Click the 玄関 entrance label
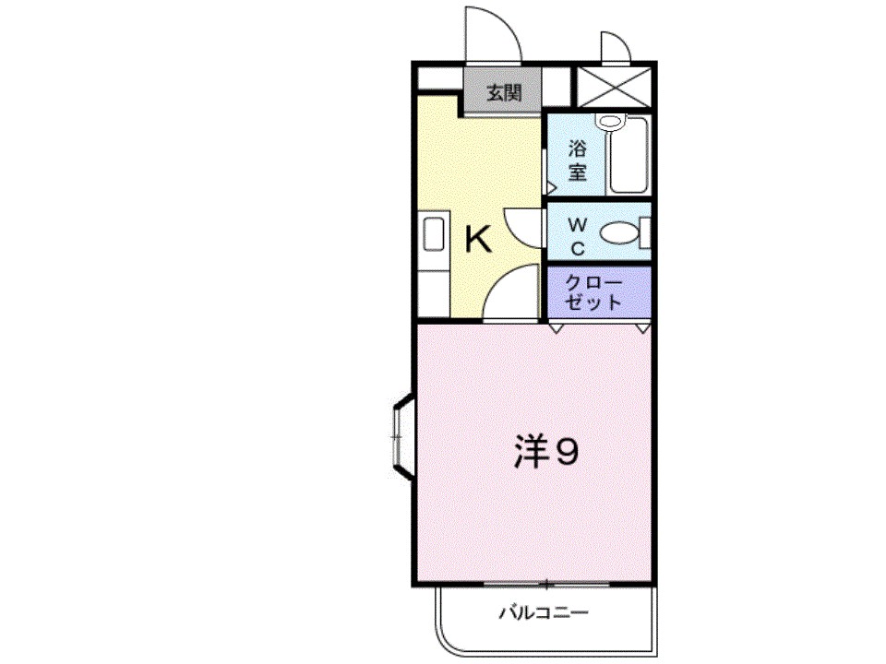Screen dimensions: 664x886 pos(504,92)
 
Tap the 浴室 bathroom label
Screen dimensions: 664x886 pos(578,160)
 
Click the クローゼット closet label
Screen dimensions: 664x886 pos(594,291)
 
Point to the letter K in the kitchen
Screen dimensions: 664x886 pos(477,242)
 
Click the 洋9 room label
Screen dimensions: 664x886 pos(546,452)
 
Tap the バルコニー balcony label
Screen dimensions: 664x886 pos(545,612)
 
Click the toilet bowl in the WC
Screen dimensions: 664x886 pos(619,234)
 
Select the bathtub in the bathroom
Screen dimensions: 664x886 pos(629,157)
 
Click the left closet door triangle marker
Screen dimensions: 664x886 pos(557,327)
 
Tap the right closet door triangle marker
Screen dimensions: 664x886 pos(643,327)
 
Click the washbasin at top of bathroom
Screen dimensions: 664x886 pos(610,121)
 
